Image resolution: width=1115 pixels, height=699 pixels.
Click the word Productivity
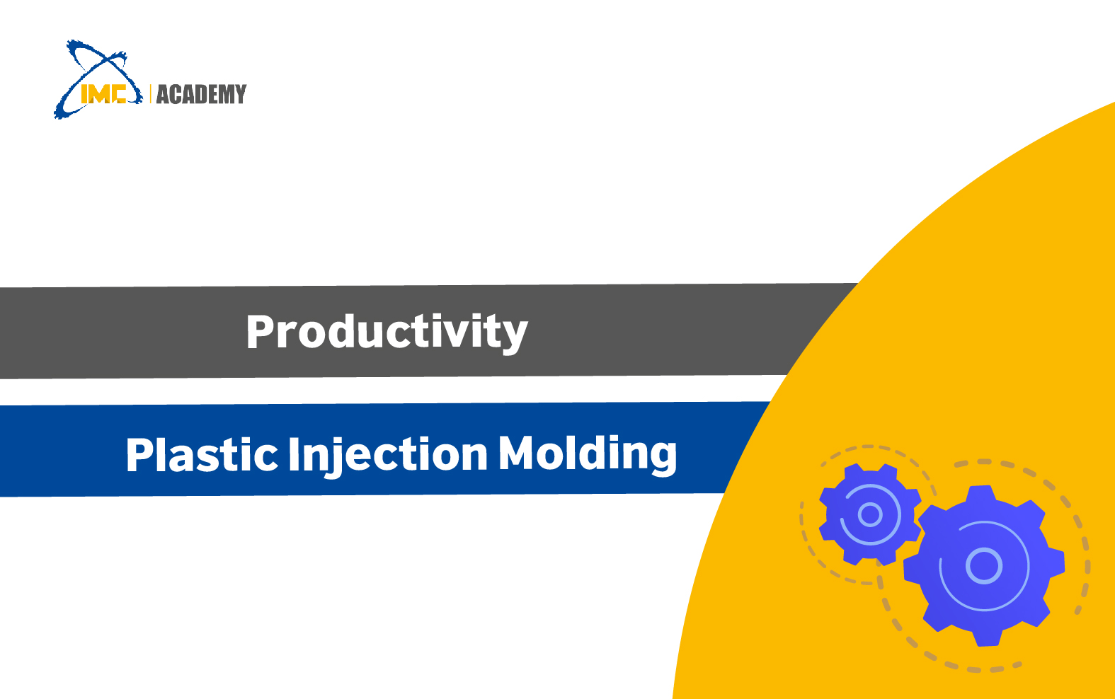coord(387,332)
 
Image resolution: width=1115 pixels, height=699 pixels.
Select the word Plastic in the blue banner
coord(202,454)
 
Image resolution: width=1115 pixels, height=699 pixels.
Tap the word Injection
coord(388,455)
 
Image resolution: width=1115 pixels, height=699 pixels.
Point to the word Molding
coord(588,454)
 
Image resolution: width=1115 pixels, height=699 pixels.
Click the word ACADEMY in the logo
coord(202,95)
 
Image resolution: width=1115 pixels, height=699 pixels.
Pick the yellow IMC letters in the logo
coord(103,93)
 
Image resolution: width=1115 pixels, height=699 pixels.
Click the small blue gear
coord(869,514)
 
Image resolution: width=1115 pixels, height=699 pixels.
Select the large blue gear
coord(984,566)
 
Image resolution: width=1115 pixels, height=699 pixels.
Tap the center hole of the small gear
coord(869,514)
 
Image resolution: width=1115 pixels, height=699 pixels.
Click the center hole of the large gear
coord(984,566)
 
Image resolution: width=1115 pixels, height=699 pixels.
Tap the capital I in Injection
coord(294,454)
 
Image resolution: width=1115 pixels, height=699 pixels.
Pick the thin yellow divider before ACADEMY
coord(150,94)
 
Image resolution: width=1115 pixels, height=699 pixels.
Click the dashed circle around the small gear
coord(801,517)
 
